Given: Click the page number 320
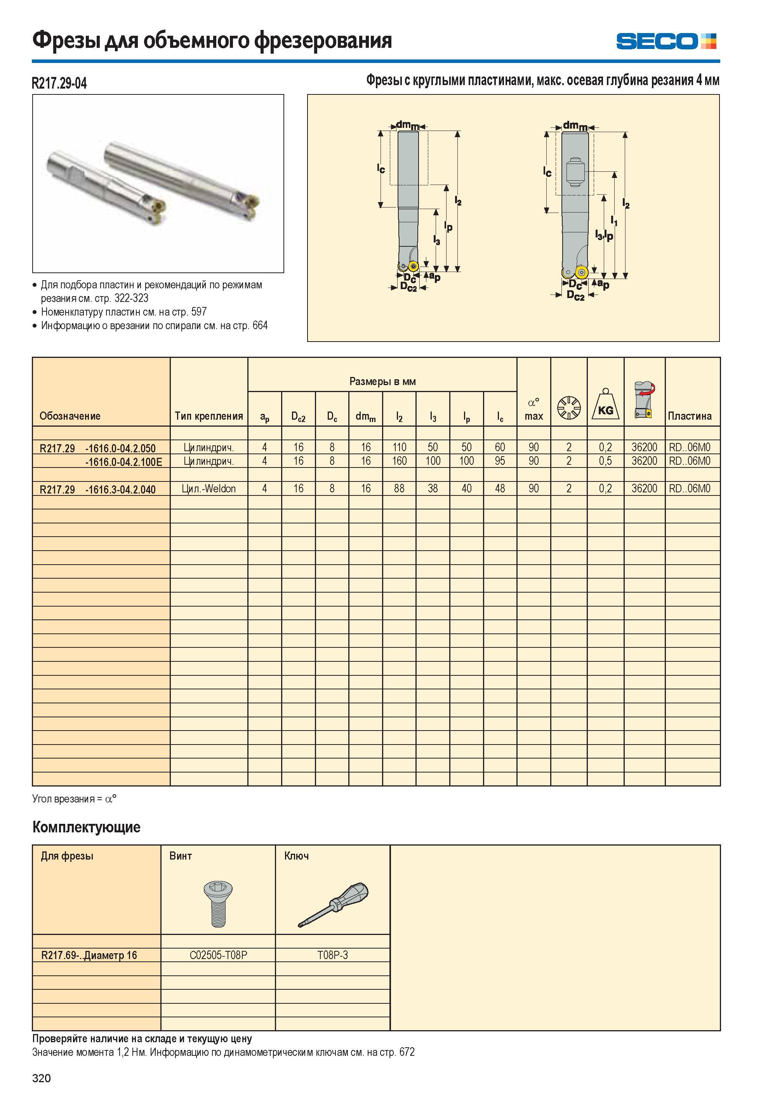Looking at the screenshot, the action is pyautogui.click(x=42, y=1078).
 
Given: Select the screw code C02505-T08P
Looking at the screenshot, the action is pyautogui.click(x=218, y=955).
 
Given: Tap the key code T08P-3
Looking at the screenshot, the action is pyautogui.click(x=333, y=955).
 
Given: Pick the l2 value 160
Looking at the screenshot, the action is pyautogui.click(x=399, y=461).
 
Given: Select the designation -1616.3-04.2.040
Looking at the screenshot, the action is pyautogui.click(x=120, y=489).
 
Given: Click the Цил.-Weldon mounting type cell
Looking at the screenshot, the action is pyautogui.click(x=209, y=489).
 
